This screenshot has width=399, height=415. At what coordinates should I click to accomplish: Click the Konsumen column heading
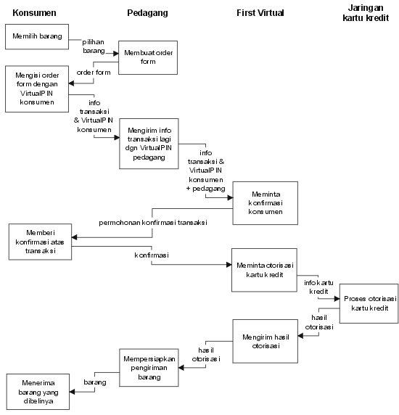click(x=34, y=13)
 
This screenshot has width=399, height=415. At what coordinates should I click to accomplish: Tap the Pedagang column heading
click(x=147, y=13)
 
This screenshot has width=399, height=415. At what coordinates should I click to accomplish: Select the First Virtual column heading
click(x=260, y=13)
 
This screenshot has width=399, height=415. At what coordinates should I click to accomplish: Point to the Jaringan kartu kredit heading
click(x=366, y=13)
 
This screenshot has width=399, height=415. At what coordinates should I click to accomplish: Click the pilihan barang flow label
click(x=94, y=46)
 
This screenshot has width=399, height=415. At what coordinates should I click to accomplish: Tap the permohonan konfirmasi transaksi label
click(x=153, y=223)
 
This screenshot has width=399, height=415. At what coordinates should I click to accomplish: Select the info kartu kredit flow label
click(x=318, y=287)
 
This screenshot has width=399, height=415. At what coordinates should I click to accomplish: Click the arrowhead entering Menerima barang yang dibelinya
click(x=72, y=392)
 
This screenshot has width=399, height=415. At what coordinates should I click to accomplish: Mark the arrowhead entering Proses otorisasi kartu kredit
click(x=337, y=298)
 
